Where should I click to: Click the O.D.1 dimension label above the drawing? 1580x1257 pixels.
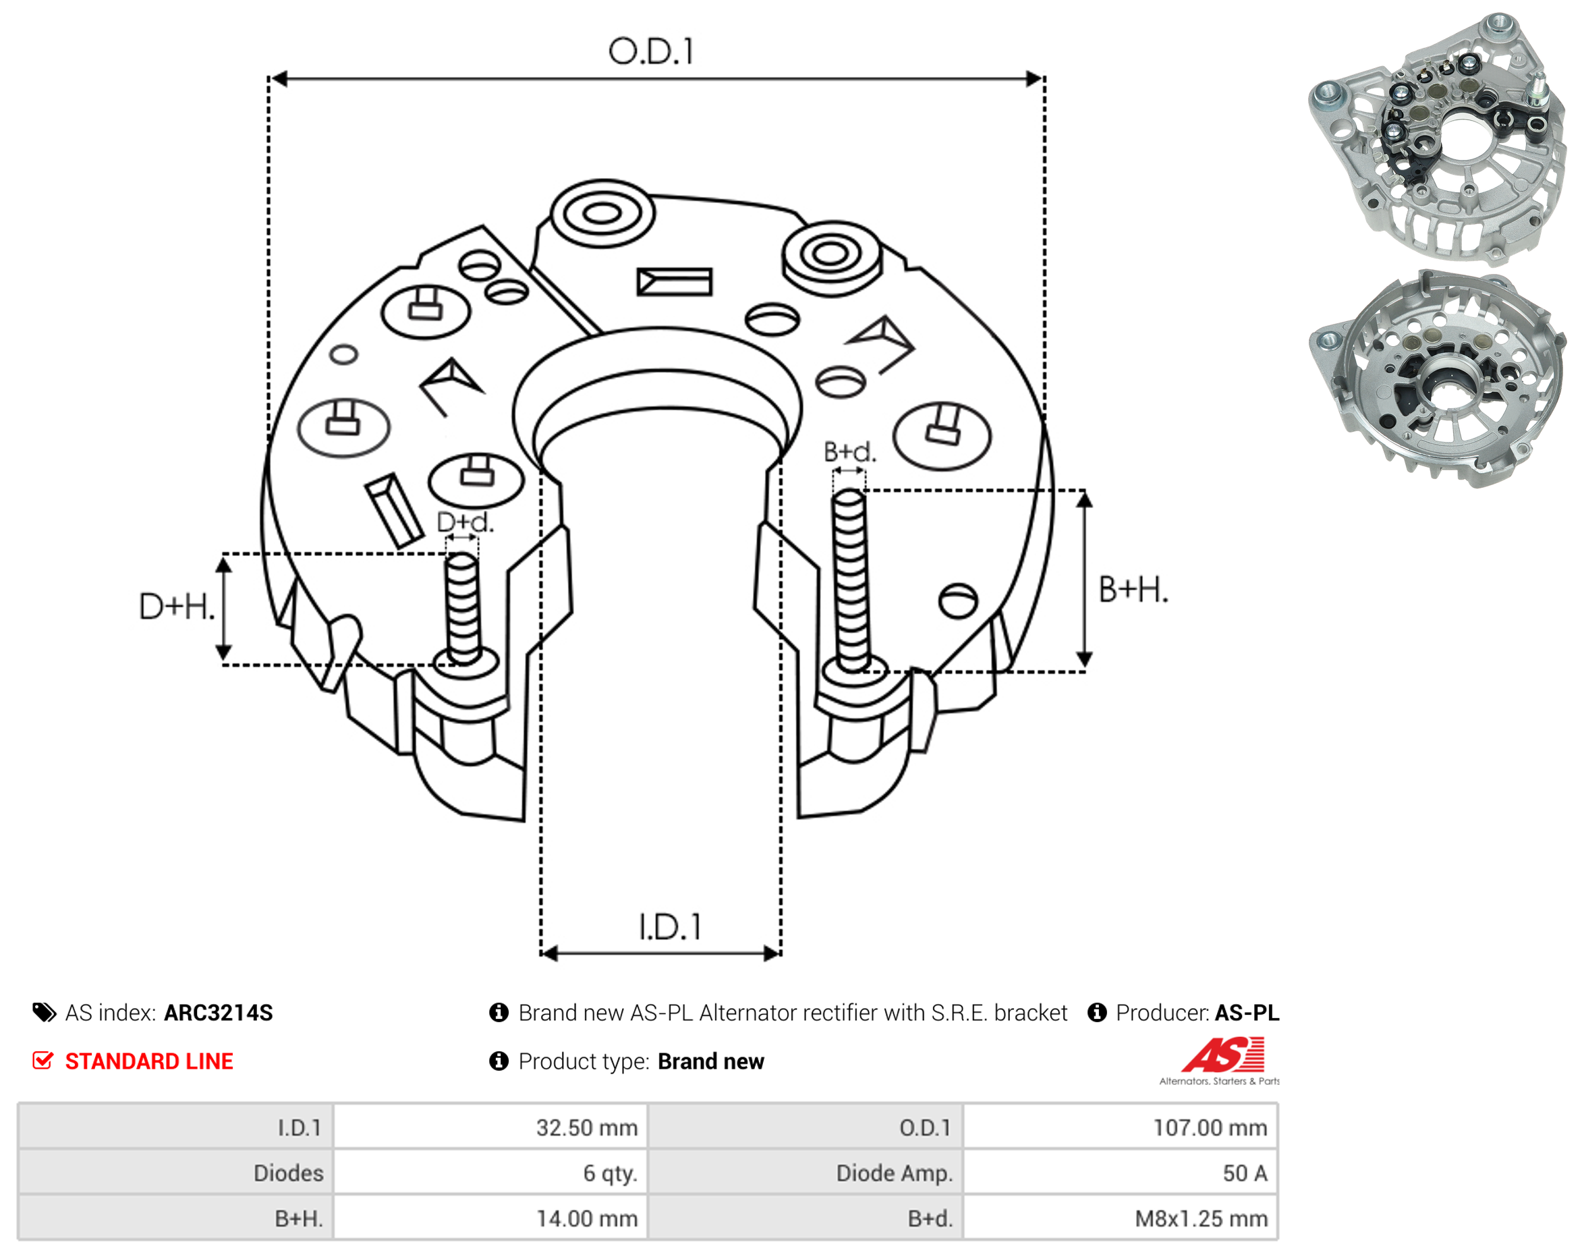click(x=651, y=51)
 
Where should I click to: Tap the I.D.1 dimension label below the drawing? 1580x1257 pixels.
click(x=670, y=927)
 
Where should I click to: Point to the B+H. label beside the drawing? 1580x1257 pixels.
click(x=1133, y=590)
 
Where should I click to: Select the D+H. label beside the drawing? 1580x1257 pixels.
click(x=177, y=607)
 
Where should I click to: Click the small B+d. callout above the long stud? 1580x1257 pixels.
click(x=850, y=451)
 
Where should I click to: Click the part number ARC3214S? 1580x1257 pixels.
click(x=219, y=1013)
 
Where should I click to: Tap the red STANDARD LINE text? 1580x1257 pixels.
click(x=149, y=1061)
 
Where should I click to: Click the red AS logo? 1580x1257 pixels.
click(x=1224, y=1055)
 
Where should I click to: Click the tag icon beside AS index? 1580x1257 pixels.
click(x=44, y=1013)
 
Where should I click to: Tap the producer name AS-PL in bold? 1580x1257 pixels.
click(x=1247, y=1013)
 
